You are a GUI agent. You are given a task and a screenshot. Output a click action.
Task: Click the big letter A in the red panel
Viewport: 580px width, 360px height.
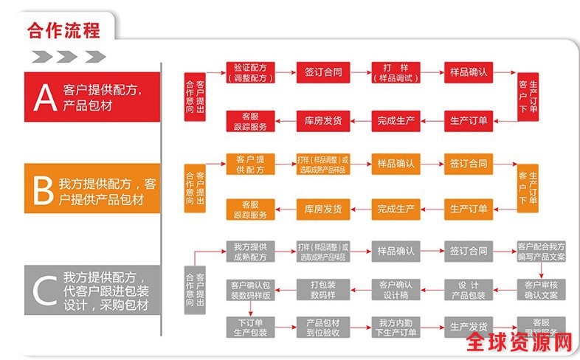(x=45, y=97)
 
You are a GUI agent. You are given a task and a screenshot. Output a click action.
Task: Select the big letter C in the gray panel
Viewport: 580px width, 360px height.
(x=43, y=291)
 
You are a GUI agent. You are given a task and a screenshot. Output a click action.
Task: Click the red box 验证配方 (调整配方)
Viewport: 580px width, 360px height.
(x=249, y=72)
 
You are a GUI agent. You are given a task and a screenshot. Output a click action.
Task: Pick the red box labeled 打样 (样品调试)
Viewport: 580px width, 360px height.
(x=396, y=72)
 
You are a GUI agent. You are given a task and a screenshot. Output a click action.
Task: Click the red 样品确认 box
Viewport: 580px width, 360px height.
(x=469, y=72)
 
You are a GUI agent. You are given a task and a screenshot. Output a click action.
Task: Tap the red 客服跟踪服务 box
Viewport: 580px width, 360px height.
(x=249, y=120)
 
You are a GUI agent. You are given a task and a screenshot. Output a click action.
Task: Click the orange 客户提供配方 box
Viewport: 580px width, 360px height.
(x=249, y=164)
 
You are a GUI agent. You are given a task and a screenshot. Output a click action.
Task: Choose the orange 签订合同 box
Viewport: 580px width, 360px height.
(x=469, y=164)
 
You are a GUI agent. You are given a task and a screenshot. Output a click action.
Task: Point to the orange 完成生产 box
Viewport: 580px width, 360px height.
(x=396, y=210)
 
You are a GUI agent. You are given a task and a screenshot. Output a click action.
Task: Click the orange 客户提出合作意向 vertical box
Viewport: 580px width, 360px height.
(x=196, y=187)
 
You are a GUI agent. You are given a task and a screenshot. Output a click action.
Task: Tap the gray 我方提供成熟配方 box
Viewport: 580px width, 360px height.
(x=249, y=251)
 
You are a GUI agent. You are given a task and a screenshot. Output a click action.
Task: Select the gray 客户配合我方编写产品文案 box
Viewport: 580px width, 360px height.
(x=541, y=251)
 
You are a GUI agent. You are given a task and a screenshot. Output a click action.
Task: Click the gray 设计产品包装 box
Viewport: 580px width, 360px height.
(x=469, y=289)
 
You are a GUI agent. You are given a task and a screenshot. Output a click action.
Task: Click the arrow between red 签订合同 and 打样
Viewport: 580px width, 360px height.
(x=359, y=72)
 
